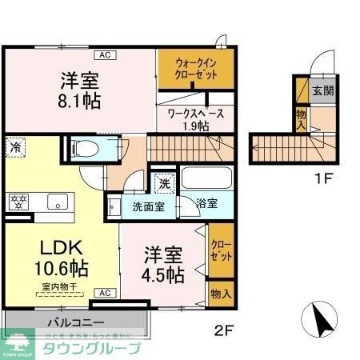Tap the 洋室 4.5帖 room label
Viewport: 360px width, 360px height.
coord(163,265)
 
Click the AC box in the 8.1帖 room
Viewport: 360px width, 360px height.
coord(104,55)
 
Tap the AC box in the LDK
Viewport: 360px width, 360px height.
coord(104,294)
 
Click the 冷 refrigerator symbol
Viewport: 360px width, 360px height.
coord(15,146)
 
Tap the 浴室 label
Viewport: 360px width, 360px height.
coord(207,204)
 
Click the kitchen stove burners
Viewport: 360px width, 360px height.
coord(18,201)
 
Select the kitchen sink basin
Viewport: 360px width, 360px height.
coord(57,201)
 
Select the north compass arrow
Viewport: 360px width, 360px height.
coord(324,323)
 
